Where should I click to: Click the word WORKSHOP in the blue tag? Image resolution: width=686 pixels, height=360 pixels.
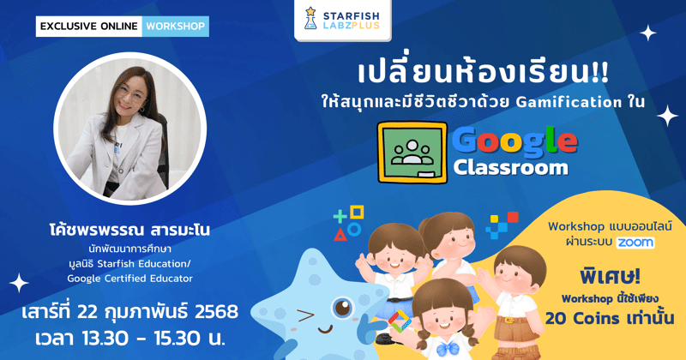click(x=176, y=26)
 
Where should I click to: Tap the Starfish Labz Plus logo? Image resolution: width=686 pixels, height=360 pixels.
click(x=343, y=21)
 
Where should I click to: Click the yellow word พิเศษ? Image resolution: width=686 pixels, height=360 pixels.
click(x=605, y=276)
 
